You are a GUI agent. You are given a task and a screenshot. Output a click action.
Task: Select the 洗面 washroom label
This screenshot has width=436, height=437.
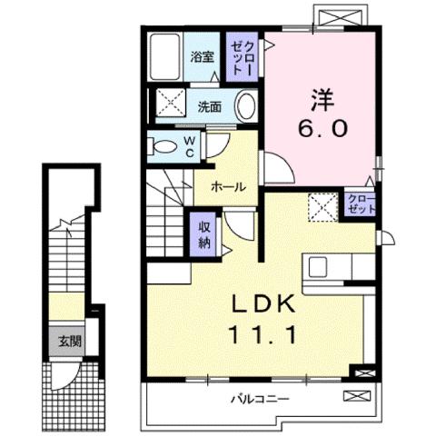point(209,105)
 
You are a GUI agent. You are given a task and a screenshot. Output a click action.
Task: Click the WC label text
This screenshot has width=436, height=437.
point(190,145)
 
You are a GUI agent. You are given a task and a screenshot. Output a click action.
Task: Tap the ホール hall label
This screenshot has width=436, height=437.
point(226,186)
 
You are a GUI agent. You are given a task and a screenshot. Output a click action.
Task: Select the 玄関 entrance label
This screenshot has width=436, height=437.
point(69,343)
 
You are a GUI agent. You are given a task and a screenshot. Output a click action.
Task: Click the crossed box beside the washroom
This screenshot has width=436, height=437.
point(168,102)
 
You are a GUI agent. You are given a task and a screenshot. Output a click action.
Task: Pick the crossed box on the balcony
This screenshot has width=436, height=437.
point(356,397)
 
